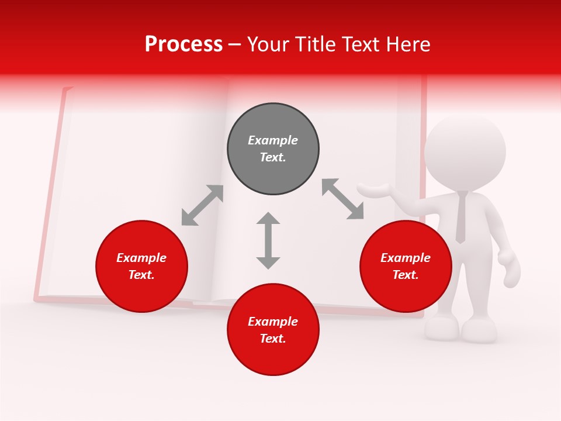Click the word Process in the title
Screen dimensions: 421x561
point(183,44)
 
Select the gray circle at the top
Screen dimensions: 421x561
point(273,149)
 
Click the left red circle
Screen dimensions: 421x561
point(141,267)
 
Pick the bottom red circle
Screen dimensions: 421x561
point(273,330)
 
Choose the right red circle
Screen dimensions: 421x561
point(406,267)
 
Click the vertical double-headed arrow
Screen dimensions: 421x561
point(268,240)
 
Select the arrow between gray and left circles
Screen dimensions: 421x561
point(202,205)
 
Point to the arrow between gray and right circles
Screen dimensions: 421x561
point(343,199)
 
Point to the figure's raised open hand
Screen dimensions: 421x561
point(374,189)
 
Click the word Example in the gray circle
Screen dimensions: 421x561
point(273,140)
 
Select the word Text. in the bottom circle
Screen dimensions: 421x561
point(273,339)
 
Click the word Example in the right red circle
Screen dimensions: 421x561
point(406,258)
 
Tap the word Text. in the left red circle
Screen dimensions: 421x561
point(141,275)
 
